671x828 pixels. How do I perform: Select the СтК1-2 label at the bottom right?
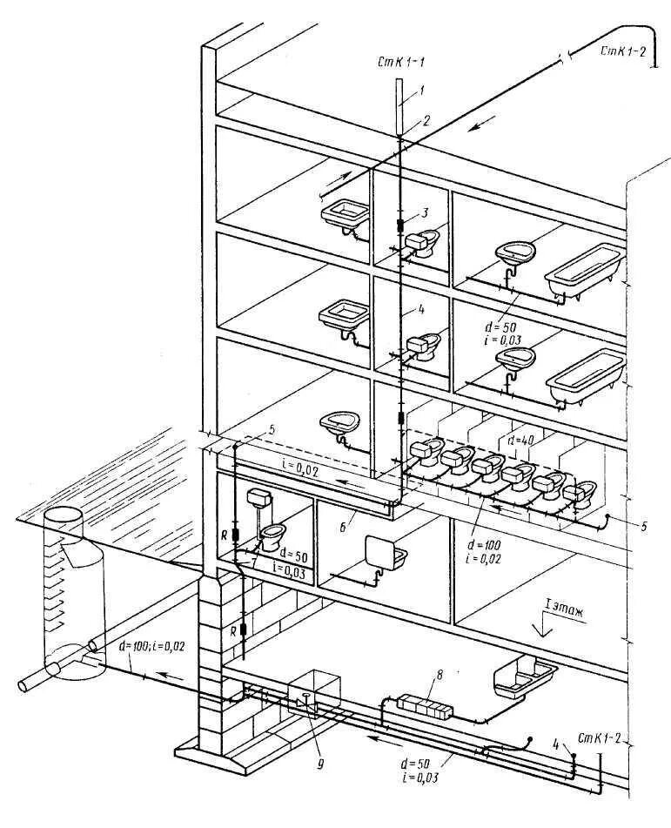[x=602, y=738]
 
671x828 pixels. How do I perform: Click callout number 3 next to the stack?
[x=425, y=212]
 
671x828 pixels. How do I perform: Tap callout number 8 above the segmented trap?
[x=440, y=674]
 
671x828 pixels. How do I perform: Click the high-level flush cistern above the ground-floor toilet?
[x=258, y=499]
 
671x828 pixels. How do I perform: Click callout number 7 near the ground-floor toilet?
[x=252, y=564]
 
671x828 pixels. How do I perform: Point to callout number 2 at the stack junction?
[x=426, y=121]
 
